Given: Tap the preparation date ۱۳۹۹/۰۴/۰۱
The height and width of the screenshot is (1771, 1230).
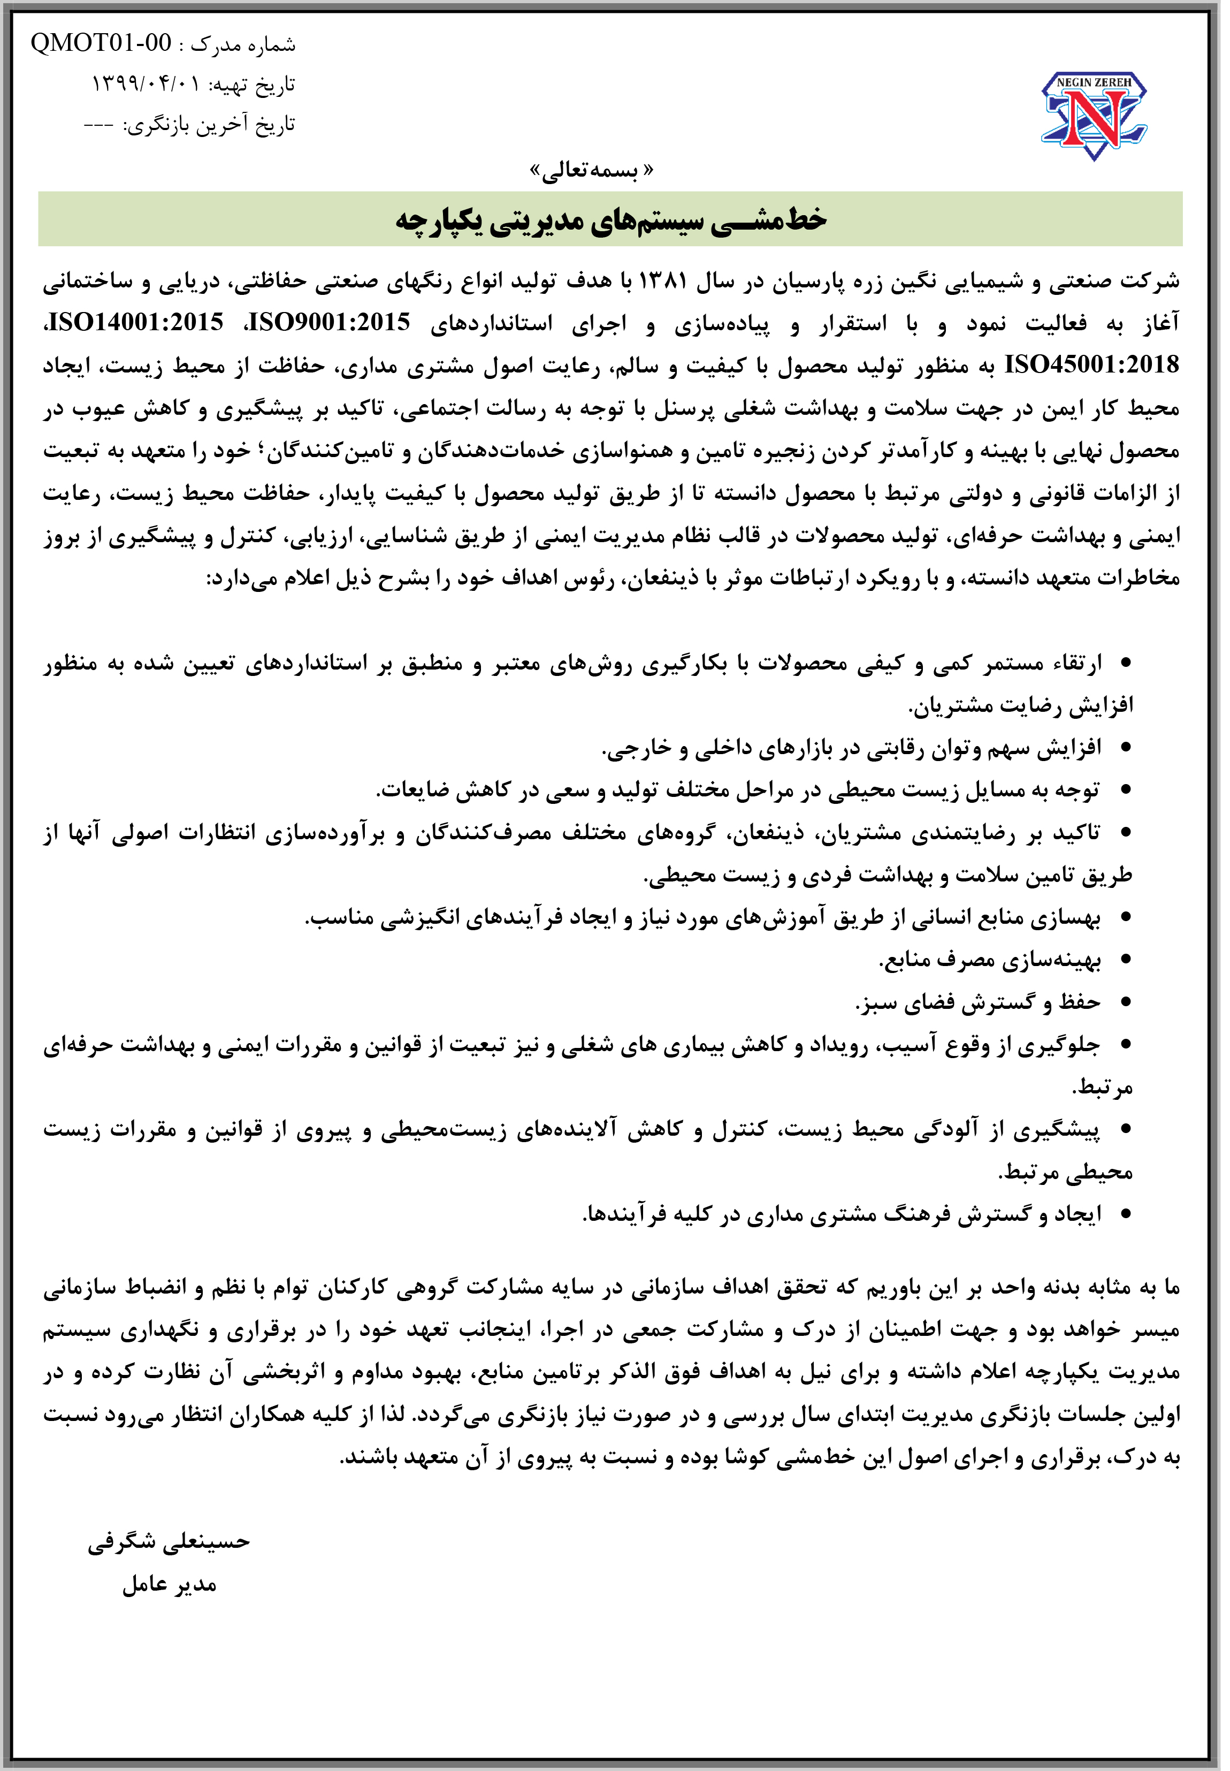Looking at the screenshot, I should (x=146, y=83).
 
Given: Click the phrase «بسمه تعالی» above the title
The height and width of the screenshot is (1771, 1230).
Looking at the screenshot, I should (x=592, y=170).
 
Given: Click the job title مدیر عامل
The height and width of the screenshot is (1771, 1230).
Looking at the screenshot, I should (x=170, y=1584).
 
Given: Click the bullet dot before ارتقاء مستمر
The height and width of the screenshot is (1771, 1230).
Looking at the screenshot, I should (x=1126, y=662).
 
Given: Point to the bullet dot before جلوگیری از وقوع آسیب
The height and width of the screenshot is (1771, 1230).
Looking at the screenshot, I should (x=1126, y=1045).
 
